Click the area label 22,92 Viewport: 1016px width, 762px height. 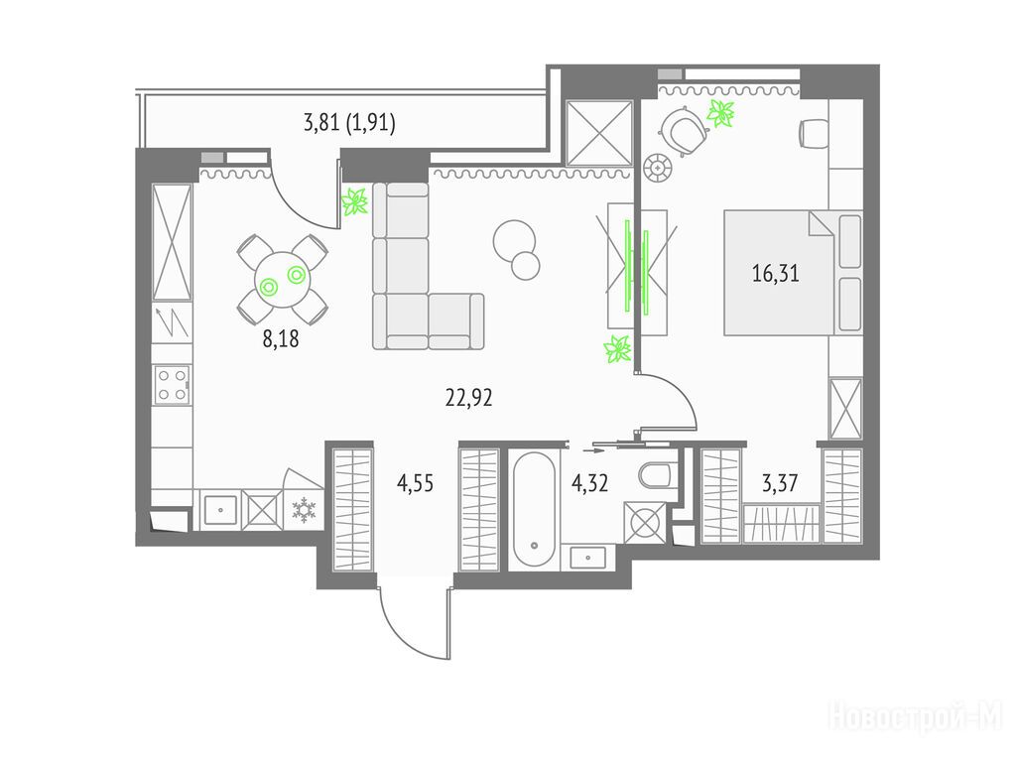click(x=468, y=397)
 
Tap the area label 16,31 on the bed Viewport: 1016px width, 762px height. click(x=776, y=273)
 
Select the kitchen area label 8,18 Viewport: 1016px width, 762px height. click(x=281, y=338)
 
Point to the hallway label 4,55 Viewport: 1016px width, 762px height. click(x=415, y=483)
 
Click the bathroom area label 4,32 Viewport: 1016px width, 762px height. click(x=589, y=483)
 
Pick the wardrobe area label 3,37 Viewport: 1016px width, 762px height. click(x=780, y=483)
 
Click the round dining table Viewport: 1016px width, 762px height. click(x=283, y=280)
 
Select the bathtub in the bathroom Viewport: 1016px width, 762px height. click(x=534, y=509)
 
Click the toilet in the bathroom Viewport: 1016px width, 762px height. click(x=658, y=475)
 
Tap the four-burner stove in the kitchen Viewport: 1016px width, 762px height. click(x=172, y=384)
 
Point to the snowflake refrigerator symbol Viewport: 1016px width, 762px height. click(x=304, y=509)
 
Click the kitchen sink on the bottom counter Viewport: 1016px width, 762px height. click(x=220, y=509)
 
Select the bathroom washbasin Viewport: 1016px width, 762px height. click(x=588, y=557)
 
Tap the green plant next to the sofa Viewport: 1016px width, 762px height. click(x=354, y=201)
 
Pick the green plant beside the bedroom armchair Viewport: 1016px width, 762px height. click(x=720, y=113)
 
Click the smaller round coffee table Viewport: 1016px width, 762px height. click(x=526, y=265)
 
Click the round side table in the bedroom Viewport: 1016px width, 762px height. click(x=658, y=167)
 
